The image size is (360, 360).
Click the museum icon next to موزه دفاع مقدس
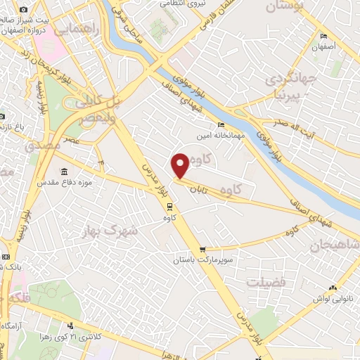(65, 172)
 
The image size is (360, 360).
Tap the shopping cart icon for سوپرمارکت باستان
(202, 249)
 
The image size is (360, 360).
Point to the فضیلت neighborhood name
(265, 282)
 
